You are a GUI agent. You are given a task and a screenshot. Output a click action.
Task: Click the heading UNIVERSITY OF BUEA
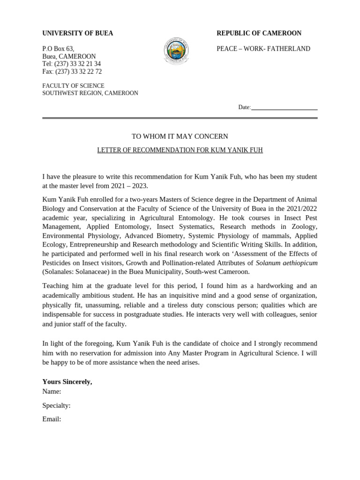(x=78, y=33)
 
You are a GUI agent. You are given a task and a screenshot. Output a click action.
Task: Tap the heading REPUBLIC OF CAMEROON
(x=259, y=33)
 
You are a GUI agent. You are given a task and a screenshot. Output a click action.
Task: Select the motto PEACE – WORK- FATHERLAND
(x=263, y=49)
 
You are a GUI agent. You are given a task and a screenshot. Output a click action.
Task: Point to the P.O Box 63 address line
(x=58, y=49)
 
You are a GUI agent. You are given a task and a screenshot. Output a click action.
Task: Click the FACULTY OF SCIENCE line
(x=73, y=86)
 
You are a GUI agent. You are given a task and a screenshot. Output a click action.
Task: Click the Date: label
(x=244, y=107)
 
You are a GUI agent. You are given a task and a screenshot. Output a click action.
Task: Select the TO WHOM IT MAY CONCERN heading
(x=180, y=136)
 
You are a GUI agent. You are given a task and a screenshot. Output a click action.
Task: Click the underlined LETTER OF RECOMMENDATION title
(x=180, y=150)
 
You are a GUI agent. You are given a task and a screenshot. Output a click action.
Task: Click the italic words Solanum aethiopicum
(x=286, y=262)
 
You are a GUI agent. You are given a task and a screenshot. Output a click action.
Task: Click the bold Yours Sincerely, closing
(x=67, y=382)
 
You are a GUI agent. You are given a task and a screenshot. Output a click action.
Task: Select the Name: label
(x=52, y=391)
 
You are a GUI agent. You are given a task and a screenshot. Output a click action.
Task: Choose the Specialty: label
(x=56, y=405)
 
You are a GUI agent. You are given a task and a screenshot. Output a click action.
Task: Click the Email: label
(x=52, y=419)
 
